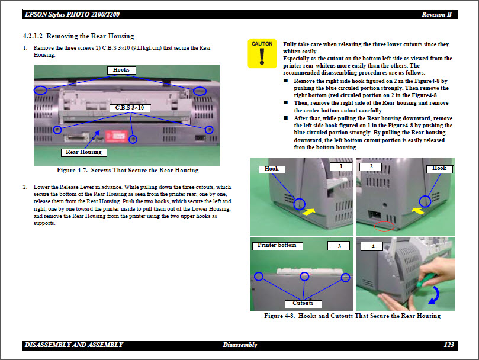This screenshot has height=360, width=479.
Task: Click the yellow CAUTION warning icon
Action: coord(262,54)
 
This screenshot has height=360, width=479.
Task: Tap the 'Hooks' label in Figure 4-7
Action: coord(121,70)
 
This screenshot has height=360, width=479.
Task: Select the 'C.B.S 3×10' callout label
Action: coord(130,108)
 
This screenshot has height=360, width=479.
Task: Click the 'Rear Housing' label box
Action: coord(83,152)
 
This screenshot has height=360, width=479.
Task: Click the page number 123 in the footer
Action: coord(448,345)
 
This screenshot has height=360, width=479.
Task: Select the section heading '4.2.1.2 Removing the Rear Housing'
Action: coord(78,36)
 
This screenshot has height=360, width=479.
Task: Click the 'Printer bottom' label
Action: coord(278,245)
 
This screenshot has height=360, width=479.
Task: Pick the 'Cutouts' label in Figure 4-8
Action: coord(303,303)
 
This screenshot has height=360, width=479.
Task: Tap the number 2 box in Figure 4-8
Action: coord(371,167)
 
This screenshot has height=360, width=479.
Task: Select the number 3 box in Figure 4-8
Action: coord(339,246)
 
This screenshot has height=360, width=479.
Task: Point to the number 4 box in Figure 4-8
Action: coord(373,246)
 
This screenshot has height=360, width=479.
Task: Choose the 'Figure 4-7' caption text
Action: coord(127,171)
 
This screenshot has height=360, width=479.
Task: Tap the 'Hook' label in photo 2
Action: coord(439,168)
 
